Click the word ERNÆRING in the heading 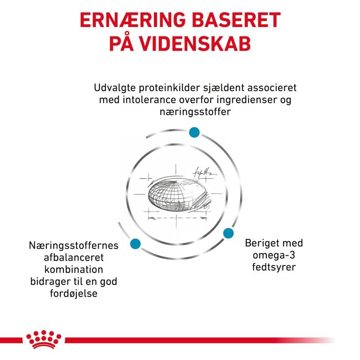133,20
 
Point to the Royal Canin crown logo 44,340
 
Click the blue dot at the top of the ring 194,132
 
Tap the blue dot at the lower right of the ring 228,233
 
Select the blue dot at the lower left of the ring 135,243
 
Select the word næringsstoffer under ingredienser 195,112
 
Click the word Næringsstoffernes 74,245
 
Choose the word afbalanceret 74,257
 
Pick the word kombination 74,270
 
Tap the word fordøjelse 74,294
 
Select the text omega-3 274,255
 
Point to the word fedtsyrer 274,267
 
